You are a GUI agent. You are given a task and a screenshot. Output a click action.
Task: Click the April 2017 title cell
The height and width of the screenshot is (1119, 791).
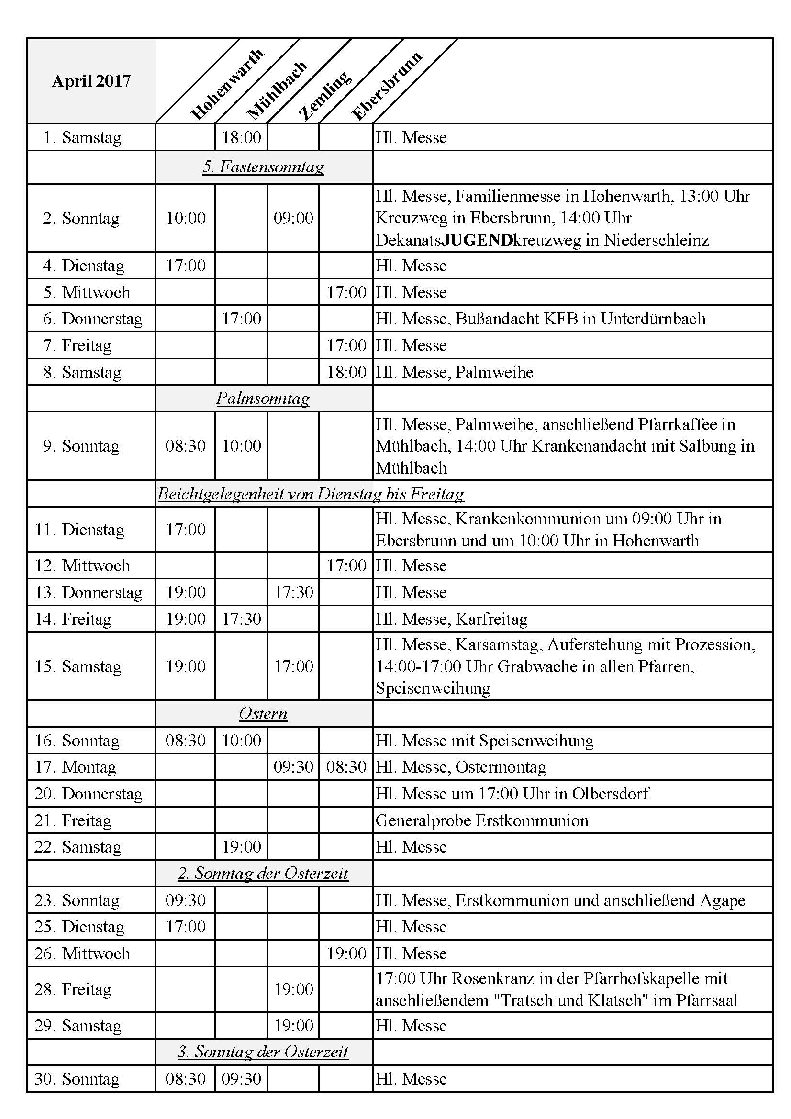coord(91,80)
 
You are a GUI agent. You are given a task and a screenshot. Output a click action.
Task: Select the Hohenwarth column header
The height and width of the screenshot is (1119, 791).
coord(227,84)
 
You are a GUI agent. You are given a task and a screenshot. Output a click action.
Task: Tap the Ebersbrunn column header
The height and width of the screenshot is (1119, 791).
coord(387,86)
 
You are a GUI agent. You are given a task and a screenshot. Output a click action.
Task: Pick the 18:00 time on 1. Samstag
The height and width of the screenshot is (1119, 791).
coord(241,137)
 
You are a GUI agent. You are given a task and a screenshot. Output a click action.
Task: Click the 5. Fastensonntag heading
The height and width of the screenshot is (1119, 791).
coord(263,167)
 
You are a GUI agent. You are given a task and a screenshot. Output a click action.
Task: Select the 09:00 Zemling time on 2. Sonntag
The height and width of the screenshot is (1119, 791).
coord(293,218)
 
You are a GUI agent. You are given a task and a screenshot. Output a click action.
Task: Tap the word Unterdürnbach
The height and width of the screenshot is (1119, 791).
coord(653,319)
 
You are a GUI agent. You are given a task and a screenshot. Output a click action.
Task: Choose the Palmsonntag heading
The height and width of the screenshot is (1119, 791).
coord(263,399)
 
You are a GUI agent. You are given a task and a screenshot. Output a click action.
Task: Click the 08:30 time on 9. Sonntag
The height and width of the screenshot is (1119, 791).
coord(185,446)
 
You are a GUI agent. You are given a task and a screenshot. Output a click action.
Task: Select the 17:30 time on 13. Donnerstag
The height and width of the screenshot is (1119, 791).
coord(293,592)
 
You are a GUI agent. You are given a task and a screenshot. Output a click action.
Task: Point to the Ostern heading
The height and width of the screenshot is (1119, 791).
coord(263,714)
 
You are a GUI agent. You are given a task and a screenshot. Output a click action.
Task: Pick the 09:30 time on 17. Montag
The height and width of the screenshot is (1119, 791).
coord(293,767)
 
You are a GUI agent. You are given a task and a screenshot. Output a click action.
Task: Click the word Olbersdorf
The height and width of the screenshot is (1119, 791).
coord(610,794)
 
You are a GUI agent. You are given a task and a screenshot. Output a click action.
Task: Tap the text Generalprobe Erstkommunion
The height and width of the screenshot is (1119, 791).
coord(482,821)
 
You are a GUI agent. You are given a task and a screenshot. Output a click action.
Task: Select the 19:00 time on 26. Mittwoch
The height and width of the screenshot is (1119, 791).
coord(346,954)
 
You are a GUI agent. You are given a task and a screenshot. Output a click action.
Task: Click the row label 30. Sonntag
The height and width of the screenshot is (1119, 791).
coord(77,1079)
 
